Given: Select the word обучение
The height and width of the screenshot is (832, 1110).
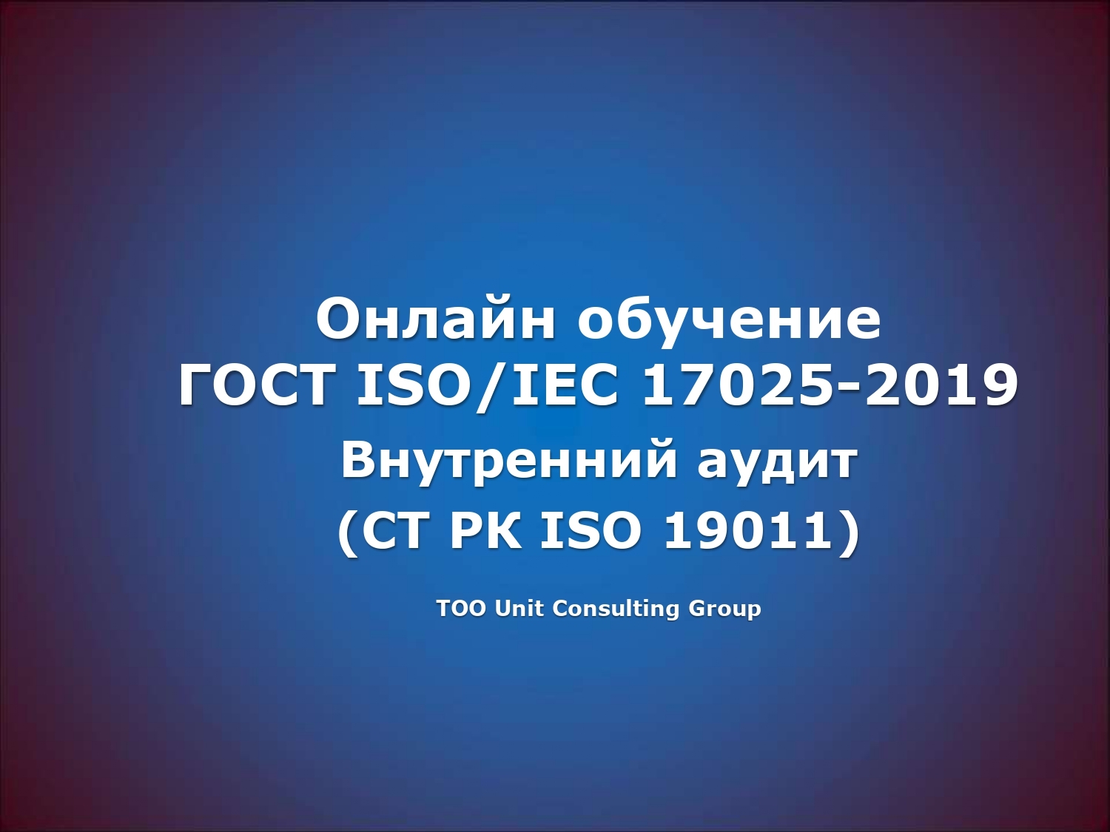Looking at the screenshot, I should [x=729, y=320].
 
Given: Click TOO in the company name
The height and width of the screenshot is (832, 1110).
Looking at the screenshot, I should [x=461, y=609].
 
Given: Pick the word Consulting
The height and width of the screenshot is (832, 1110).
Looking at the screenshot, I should [x=616, y=609].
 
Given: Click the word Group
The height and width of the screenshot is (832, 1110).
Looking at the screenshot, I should [x=724, y=609].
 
